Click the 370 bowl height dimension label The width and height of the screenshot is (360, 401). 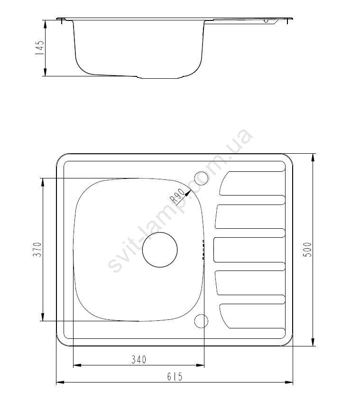pos(37,250)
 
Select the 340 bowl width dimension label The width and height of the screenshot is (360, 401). pos(139,360)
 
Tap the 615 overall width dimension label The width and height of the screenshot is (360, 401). pos(175,376)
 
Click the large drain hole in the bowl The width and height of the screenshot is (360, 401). pos(160,250)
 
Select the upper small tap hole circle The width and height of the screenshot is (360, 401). pos(201,178)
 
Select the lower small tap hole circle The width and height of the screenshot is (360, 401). pos(201,321)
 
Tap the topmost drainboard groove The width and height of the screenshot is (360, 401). pos(252,183)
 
